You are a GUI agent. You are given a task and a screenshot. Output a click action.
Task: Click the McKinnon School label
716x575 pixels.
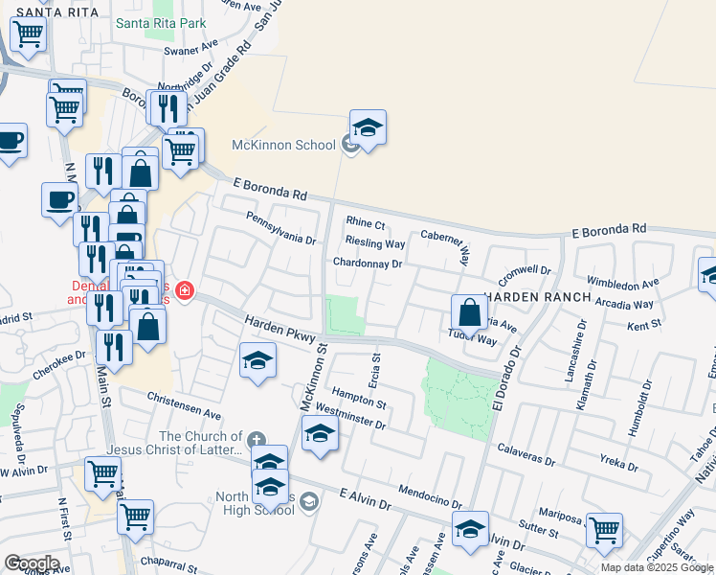click(284, 145)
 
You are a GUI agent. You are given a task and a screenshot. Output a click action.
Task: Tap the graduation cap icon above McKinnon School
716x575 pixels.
click(368, 126)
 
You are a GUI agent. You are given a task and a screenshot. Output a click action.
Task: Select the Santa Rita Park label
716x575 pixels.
click(160, 22)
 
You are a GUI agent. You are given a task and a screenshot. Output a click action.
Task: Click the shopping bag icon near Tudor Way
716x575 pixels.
click(470, 311)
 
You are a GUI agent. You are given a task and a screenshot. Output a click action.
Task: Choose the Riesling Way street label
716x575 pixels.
click(375, 243)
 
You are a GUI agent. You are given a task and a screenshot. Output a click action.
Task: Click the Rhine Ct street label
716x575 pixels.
click(365, 225)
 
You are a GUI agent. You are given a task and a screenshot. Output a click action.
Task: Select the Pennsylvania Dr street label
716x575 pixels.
click(280, 228)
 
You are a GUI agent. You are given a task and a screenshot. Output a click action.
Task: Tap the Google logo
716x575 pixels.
click(32, 563)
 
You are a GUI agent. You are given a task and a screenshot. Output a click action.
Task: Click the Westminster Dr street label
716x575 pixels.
click(349, 415)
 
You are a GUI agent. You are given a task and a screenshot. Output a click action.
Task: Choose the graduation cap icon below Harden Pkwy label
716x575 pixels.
click(257, 360)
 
